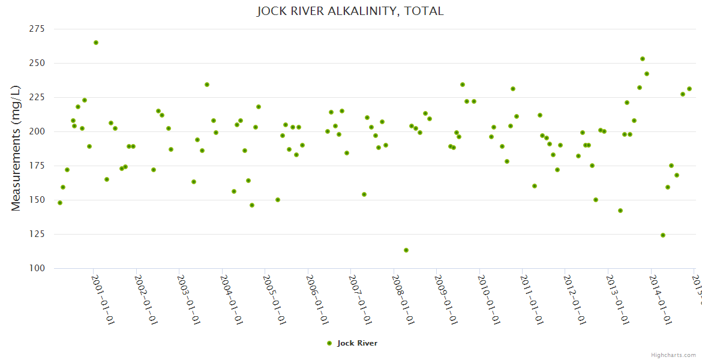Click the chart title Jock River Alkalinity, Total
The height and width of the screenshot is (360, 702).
(x=350, y=11)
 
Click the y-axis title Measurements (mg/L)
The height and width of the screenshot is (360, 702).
(x=16, y=148)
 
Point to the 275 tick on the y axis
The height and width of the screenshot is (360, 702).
(x=38, y=29)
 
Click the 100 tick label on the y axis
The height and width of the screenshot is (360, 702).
(x=38, y=268)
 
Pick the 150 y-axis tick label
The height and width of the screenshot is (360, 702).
(x=38, y=200)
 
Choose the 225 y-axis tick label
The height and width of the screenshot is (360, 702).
(x=38, y=97)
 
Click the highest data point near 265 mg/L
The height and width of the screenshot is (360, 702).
(x=96, y=43)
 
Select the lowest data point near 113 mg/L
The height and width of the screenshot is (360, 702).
(x=406, y=250)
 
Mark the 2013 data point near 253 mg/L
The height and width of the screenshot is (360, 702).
(x=643, y=59)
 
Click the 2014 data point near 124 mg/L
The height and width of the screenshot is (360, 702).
(x=663, y=235)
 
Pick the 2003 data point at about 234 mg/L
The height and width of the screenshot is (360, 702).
(x=207, y=85)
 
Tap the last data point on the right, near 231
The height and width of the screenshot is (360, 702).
(x=689, y=89)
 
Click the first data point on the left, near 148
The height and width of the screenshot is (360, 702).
(x=60, y=203)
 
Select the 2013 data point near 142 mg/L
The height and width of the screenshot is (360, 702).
(x=620, y=211)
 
